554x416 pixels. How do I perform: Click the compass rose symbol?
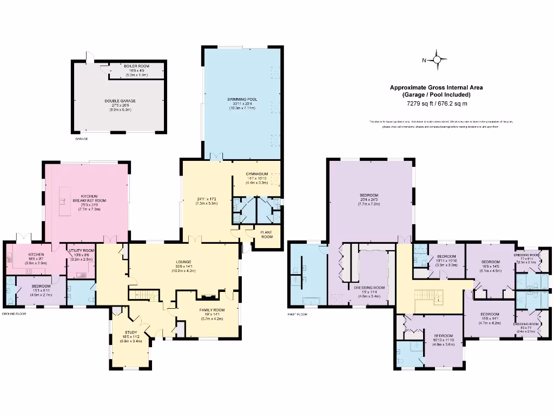point(439,60)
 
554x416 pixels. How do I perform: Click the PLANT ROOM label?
point(267,234)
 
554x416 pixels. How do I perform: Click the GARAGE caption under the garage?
point(81,139)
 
